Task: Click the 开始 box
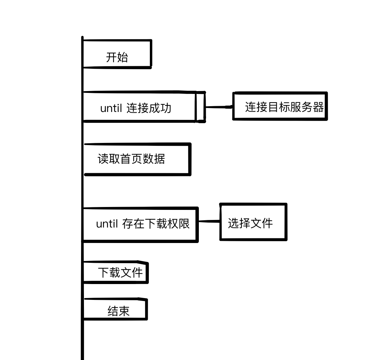point(117,54)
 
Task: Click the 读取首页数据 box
point(137,159)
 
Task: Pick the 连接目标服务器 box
point(280,106)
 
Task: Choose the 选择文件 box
point(253,222)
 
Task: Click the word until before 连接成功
point(111,108)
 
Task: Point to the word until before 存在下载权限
point(107,224)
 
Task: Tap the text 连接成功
point(149,108)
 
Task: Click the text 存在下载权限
point(156,224)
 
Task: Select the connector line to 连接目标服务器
point(219,107)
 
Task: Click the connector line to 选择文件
point(209,221)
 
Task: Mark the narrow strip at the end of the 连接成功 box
point(200,107)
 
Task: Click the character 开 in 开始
point(111,57)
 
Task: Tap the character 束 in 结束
point(124,311)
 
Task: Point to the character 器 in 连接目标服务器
point(318,107)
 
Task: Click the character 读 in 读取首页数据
point(103,159)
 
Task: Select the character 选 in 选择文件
point(233,223)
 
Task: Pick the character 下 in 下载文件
point(104,273)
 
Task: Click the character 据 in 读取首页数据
point(159,159)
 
